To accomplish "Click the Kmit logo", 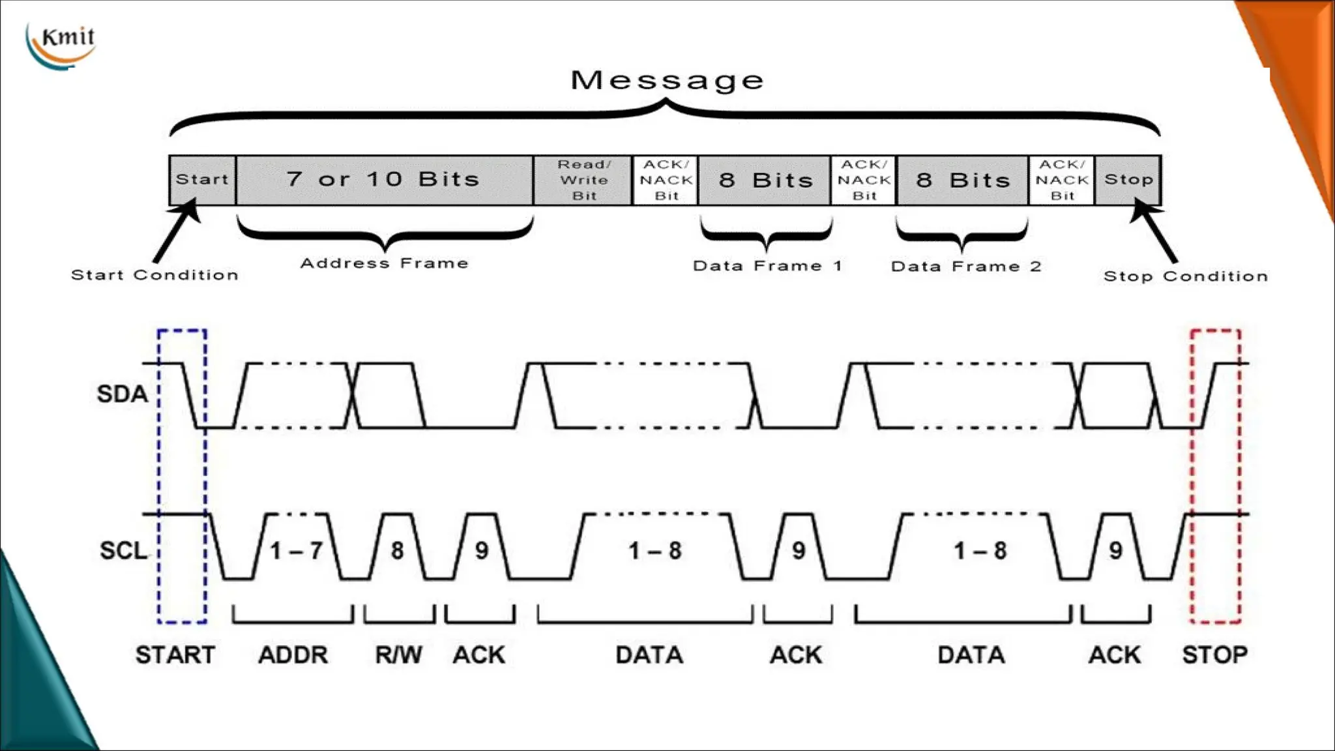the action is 62,44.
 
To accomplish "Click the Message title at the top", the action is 667,80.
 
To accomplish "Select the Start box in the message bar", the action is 202,179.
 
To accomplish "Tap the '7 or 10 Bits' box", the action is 384,179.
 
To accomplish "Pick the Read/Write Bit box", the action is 583,180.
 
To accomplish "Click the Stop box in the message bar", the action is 1128,179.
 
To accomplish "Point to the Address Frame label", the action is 384,263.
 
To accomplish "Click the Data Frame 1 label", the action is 767,266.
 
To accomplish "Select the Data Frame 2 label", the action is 965,267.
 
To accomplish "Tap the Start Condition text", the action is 154,275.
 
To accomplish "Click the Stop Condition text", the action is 1185,276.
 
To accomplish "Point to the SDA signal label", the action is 122,394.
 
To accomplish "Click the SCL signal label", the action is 123,550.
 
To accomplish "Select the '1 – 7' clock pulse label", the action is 297,551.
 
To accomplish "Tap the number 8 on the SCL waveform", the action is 397,551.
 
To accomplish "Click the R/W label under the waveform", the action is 398,655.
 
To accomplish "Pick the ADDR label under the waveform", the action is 293,655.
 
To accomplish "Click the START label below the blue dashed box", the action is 175,655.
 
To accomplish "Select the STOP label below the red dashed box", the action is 1214,655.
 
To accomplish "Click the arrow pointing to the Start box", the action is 175,231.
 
